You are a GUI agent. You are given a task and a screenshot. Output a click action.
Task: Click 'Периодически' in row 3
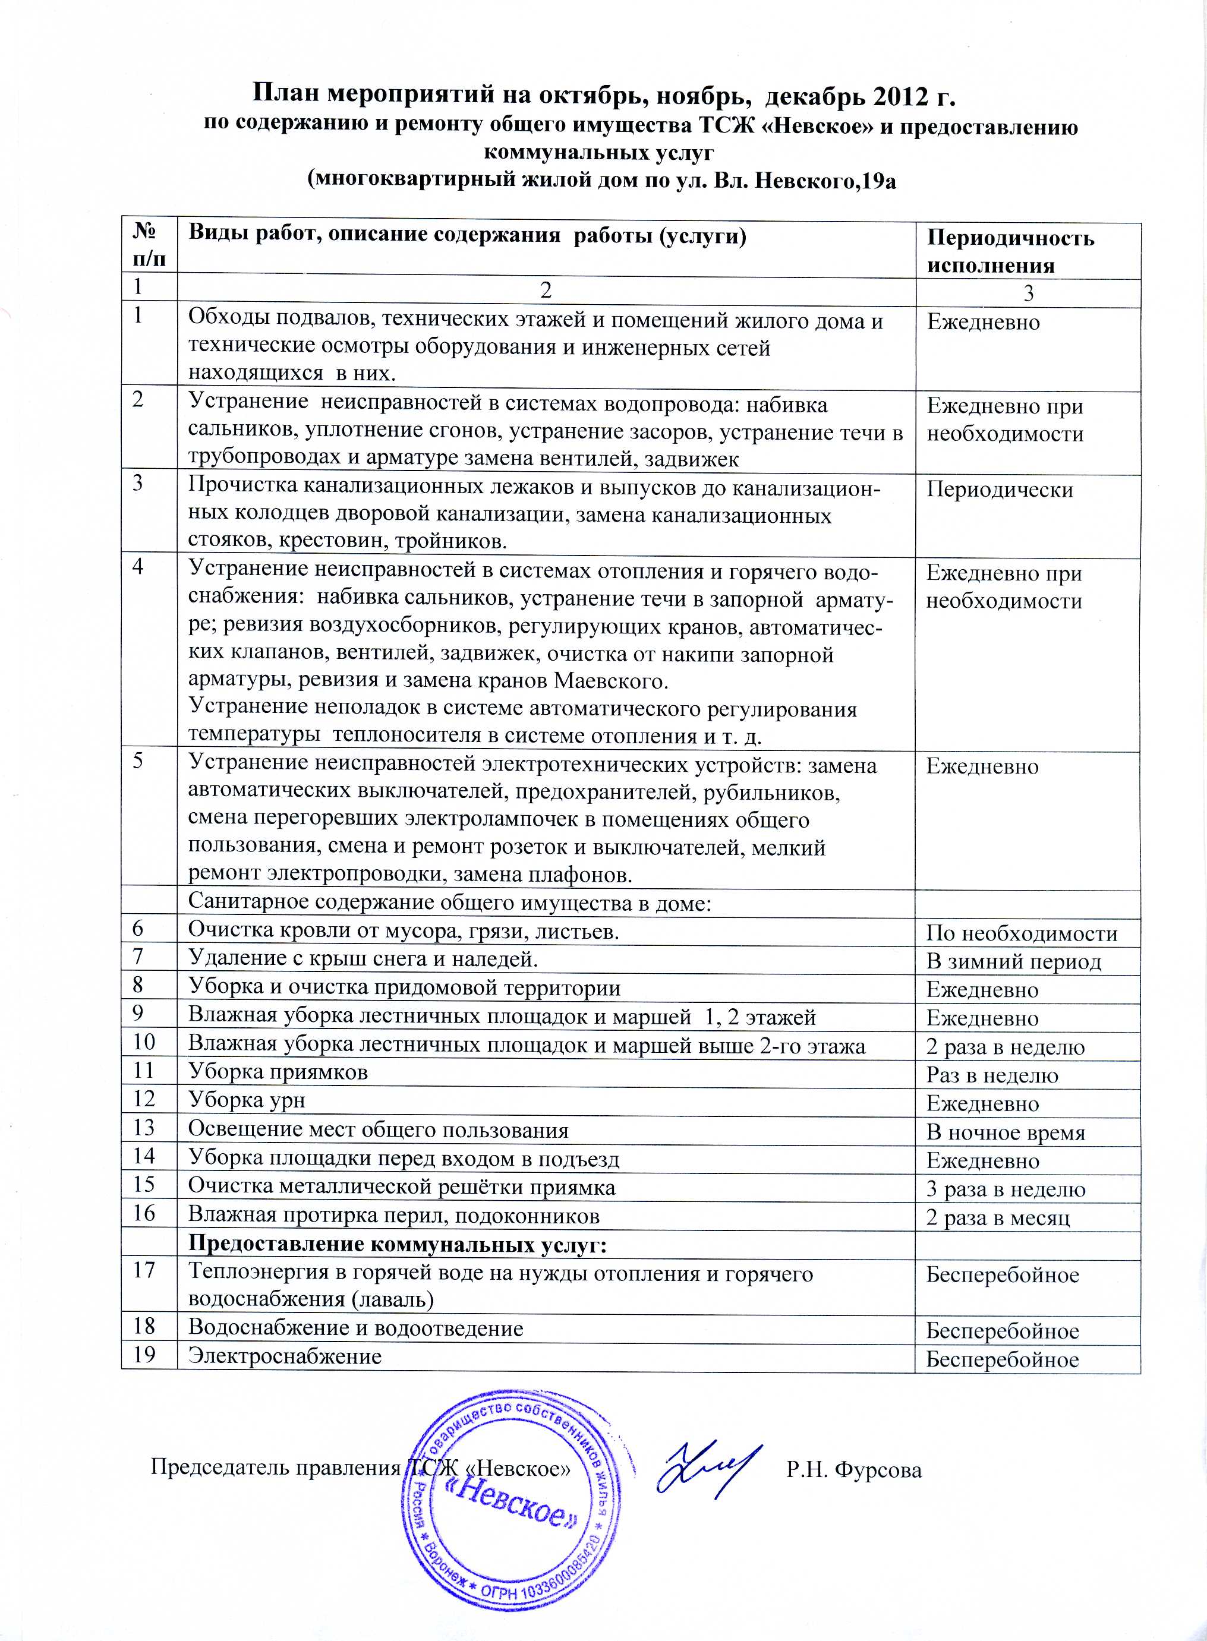click(1000, 490)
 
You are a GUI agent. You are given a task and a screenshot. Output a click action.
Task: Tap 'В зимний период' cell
click(1013, 962)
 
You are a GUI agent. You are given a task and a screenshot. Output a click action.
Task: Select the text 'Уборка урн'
click(246, 1100)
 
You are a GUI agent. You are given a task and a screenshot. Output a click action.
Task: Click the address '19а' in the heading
click(878, 181)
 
